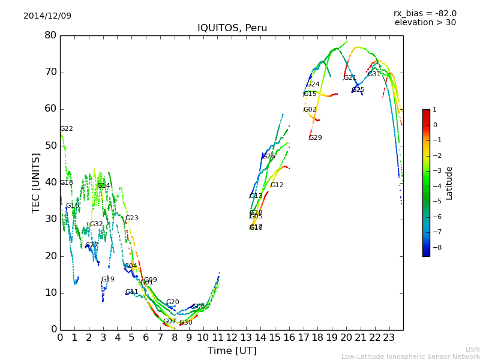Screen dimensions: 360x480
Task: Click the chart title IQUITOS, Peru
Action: click(x=232, y=28)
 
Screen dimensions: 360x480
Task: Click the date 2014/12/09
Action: click(x=47, y=16)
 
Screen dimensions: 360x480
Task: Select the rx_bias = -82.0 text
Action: click(x=425, y=13)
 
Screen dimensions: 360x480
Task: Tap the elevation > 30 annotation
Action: click(x=425, y=23)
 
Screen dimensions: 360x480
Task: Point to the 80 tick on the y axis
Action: click(x=50, y=35)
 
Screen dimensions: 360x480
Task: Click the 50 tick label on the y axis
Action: click(x=50, y=146)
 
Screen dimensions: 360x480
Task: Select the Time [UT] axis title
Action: click(x=232, y=351)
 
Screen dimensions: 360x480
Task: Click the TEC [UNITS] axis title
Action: click(x=36, y=182)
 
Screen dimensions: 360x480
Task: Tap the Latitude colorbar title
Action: click(x=449, y=183)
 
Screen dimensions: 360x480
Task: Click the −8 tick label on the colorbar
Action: click(x=435, y=247)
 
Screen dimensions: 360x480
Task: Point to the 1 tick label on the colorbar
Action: click(x=435, y=110)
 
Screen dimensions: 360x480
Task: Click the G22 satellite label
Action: click(x=66, y=129)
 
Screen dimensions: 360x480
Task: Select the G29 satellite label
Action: click(x=315, y=138)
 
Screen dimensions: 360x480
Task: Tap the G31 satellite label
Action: click(x=374, y=74)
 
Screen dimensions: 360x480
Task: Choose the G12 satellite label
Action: click(x=277, y=185)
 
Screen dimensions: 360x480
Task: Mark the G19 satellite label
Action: click(x=107, y=280)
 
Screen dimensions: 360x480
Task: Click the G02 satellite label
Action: click(x=310, y=110)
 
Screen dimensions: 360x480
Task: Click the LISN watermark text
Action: click(x=472, y=349)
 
